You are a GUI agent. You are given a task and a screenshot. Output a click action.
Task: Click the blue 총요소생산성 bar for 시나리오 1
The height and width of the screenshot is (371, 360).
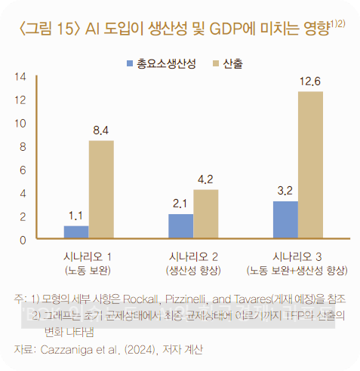pyautogui.click(x=76, y=232)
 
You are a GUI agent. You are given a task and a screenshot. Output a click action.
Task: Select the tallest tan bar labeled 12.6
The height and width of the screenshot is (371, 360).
pyautogui.click(x=310, y=165)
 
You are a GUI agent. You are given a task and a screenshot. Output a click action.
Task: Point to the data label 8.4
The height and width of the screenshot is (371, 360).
pyautogui.click(x=101, y=131)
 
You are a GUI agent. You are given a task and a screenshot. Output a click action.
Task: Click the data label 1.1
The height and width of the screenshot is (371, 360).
pyautogui.click(x=75, y=216)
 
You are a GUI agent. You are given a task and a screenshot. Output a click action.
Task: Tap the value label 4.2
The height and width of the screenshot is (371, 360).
pyautogui.click(x=205, y=179)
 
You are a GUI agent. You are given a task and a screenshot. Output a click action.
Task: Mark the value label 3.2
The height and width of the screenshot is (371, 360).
pyautogui.click(x=285, y=191)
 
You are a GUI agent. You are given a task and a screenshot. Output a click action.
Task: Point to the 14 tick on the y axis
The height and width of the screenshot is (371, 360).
pyautogui.click(x=20, y=76)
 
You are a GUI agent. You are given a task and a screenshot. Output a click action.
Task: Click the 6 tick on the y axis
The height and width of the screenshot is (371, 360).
pyautogui.click(x=23, y=170)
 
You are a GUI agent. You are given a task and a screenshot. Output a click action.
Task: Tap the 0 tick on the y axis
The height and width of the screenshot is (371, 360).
pyautogui.click(x=23, y=240)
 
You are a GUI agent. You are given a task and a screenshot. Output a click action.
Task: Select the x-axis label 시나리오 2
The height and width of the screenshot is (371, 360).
pyautogui.click(x=193, y=255)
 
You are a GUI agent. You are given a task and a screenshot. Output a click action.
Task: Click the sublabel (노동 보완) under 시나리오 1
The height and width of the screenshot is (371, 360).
pyautogui.click(x=88, y=269)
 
